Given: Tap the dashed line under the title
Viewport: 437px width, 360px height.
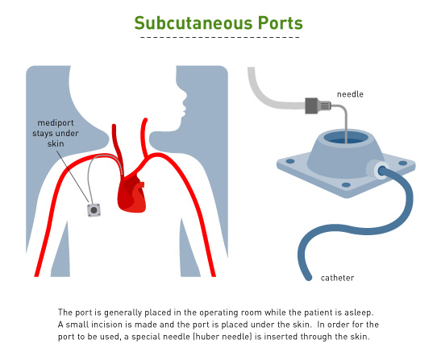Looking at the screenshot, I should (x=219, y=38).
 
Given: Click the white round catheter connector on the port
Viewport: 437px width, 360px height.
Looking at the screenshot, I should (x=376, y=170).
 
